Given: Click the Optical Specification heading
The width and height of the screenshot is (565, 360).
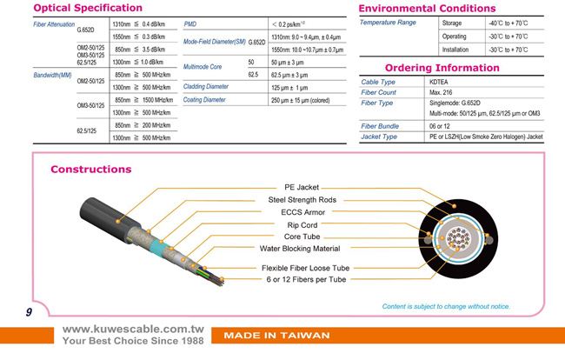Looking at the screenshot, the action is pyautogui.click(x=88, y=8).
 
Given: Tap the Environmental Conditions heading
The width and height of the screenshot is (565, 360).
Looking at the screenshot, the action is pyautogui.click(x=427, y=9).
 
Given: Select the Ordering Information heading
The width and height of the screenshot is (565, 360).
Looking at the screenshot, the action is pyautogui.click(x=442, y=68).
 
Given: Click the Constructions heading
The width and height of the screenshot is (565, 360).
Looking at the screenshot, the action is pyautogui.click(x=91, y=169).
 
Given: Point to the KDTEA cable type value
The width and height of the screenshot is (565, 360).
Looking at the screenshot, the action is pyautogui.click(x=438, y=82).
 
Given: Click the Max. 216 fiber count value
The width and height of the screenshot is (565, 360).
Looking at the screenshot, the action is pyautogui.click(x=441, y=92).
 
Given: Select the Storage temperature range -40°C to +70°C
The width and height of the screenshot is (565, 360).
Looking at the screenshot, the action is pyautogui.click(x=508, y=23).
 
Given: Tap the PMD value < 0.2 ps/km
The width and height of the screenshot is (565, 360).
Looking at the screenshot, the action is pyautogui.click(x=289, y=24).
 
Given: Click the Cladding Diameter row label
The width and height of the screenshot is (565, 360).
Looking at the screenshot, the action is pyautogui.click(x=206, y=86).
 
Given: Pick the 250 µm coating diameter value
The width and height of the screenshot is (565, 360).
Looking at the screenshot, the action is pyautogui.click(x=300, y=100).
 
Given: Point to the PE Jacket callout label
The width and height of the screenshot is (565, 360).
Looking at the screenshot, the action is pyautogui.click(x=302, y=187).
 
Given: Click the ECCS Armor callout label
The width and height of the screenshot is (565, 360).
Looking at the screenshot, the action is pyautogui.click(x=303, y=212).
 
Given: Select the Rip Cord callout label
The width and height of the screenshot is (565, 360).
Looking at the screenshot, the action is pyautogui.click(x=302, y=225).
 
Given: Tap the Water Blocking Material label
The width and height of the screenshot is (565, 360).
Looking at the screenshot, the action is pyautogui.click(x=300, y=249).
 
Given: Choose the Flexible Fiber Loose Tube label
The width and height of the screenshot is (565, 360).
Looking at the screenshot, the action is pyautogui.click(x=306, y=268).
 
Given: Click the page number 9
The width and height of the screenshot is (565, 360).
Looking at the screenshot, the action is pyautogui.click(x=29, y=312).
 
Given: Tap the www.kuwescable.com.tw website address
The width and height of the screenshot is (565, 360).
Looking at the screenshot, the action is pyautogui.click(x=133, y=329).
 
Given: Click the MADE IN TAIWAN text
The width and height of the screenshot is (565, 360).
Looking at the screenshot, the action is pyautogui.click(x=276, y=336).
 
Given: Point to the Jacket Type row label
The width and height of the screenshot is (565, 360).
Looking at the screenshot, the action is pyautogui.click(x=379, y=137).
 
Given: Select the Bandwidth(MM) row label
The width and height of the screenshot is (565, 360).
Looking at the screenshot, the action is pyautogui.click(x=52, y=75).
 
